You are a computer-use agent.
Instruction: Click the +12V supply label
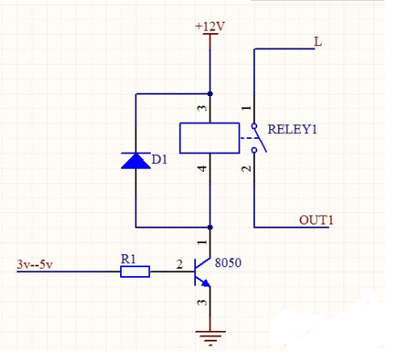210,26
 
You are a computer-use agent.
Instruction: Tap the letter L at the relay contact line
318,42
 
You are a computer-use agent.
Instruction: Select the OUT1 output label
316,220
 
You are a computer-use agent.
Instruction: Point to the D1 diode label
160,161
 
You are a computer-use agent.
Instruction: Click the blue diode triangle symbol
135,161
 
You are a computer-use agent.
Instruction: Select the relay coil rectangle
209,137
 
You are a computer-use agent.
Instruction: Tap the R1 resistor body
135,272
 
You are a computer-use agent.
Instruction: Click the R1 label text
129,258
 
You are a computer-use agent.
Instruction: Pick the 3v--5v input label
34,264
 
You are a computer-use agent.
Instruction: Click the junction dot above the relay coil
210,93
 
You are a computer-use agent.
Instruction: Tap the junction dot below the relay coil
210,228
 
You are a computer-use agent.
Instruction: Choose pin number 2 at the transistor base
179,263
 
